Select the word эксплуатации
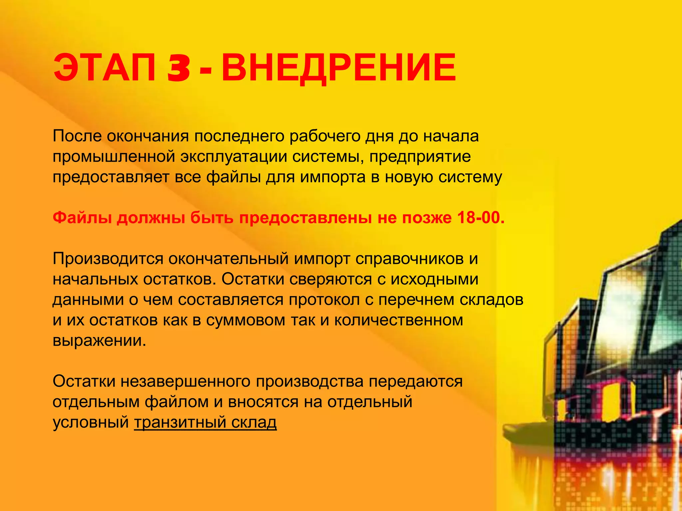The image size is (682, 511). click(234, 157)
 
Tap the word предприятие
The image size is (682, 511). click(420, 157)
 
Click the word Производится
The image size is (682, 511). click(108, 259)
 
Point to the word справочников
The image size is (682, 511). click(409, 259)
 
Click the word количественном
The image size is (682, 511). click(399, 320)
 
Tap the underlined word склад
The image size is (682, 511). click(254, 423)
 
